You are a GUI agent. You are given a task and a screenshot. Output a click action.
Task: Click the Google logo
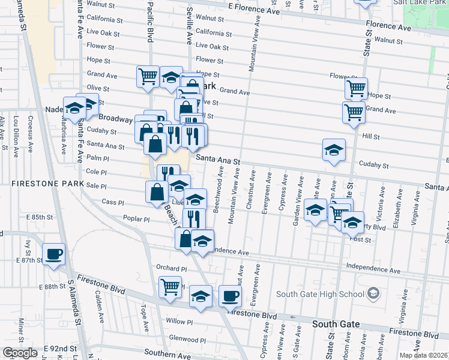pyautogui.click(x=20, y=353)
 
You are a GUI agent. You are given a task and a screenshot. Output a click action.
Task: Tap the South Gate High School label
pyautogui.click(x=320, y=294)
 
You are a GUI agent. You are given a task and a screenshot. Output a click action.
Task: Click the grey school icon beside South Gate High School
pyautogui.click(x=373, y=293)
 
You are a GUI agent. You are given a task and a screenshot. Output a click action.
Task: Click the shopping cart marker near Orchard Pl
pyautogui.click(x=170, y=286)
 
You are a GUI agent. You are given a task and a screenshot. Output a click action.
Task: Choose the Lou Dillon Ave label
pyautogui.click(x=16, y=136)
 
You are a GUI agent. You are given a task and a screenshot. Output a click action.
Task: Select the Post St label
pyautogui.click(x=361, y=239)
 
